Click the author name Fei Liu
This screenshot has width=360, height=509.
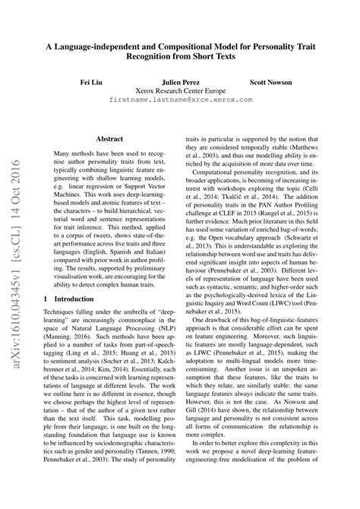pyautogui.click(x=92, y=80)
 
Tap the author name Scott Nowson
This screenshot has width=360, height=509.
pyautogui.click(x=271, y=80)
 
